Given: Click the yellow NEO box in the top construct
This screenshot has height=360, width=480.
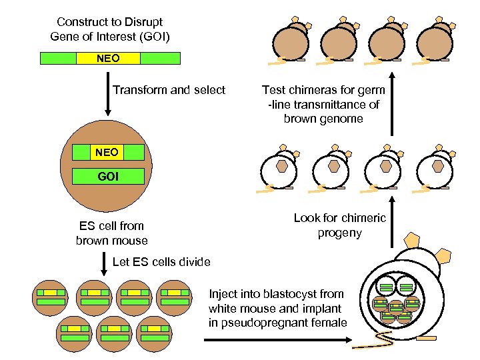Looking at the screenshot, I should pyautogui.click(x=109, y=58).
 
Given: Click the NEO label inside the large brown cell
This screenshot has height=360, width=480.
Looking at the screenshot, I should pyautogui.click(x=107, y=153).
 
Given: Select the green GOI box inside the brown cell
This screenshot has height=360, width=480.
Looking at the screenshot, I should pyautogui.click(x=107, y=177).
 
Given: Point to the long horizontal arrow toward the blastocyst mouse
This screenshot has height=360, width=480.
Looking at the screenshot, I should pyautogui.click(x=277, y=340).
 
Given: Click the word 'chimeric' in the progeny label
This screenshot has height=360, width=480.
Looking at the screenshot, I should pyautogui.click(x=363, y=218).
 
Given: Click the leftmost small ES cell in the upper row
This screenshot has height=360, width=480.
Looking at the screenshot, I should pyautogui.click(x=51, y=297).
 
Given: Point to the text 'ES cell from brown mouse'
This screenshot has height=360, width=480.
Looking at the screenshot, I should pyautogui.click(x=111, y=233).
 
